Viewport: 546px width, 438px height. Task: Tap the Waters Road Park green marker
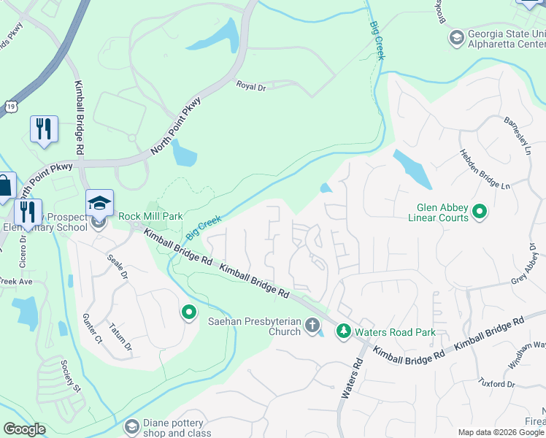pyautogui.click(x=343, y=332)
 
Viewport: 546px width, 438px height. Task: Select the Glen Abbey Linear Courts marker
pyautogui.click(x=480, y=212)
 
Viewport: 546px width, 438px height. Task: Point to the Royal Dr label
pyautogui.click(x=250, y=85)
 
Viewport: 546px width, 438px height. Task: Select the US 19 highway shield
pyautogui.click(x=10, y=107)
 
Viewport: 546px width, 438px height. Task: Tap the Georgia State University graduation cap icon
pyautogui.click(x=457, y=36)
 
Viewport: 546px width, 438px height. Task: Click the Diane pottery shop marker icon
pyautogui.click(x=132, y=426)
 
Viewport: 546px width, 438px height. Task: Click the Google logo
pyautogui.click(x=24, y=429)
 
